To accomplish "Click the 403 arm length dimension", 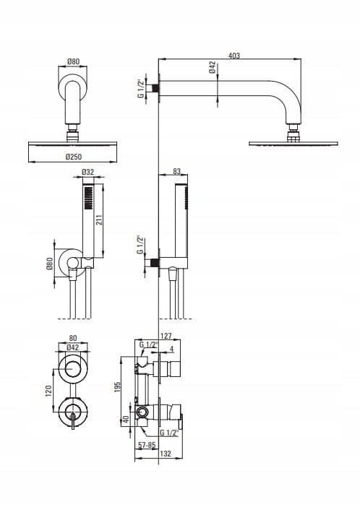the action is pyautogui.click(x=234, y=56).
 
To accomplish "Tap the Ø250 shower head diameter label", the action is pyautogui.click(x=74, y=157).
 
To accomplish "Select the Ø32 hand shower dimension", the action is pyautogui.click(x=87, y=172).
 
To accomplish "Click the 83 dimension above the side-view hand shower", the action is pyautogui.click(x=176, y=171).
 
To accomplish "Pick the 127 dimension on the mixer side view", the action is pyautogui.click(x=166, y=336).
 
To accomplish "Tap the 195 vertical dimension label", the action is pyautogui.click(x=117, y=387).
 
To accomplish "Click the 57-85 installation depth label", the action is pyautogui.click(x=147, y=445).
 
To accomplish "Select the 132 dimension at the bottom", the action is pyautogui.click(x=166, y=454).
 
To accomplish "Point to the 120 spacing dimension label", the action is pyautogui.click(x=48, y=391).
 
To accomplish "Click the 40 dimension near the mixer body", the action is pyautogui.click(x=127, y=420).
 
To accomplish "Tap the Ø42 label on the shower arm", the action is pyautogui.click(x=213, y=67).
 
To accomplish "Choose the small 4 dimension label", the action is pyautogui.click(x=171, y=350).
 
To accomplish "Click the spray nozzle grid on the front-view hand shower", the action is pyautogui.click(x=88, y=198).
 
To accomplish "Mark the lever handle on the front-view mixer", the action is pyautogui.click(x=73, y=421).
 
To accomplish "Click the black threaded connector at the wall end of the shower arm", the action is pyautogui.click(x=155, y=88).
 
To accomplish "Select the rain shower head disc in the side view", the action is pyautogui.click(x=293, y=143).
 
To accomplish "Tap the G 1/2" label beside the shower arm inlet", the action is pyautogui.click(x=140, y=88).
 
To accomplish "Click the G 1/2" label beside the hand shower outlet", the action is pyautogui.click(x=140, y=245).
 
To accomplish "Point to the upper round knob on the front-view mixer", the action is pyautogui.click(x=73, y=369).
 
